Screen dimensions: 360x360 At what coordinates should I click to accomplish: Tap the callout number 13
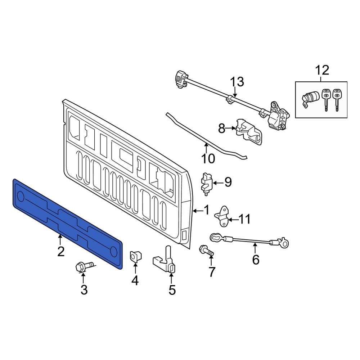click(237, 82)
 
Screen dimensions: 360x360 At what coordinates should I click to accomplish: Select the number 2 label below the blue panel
click(61, 251)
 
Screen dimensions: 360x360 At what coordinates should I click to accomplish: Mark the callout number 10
click(208, 158)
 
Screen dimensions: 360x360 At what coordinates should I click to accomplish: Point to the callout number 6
click(256, 259)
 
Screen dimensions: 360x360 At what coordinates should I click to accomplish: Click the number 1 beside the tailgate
click(206, 210)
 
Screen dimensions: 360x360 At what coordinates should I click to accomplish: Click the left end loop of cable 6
click(215, 237)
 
